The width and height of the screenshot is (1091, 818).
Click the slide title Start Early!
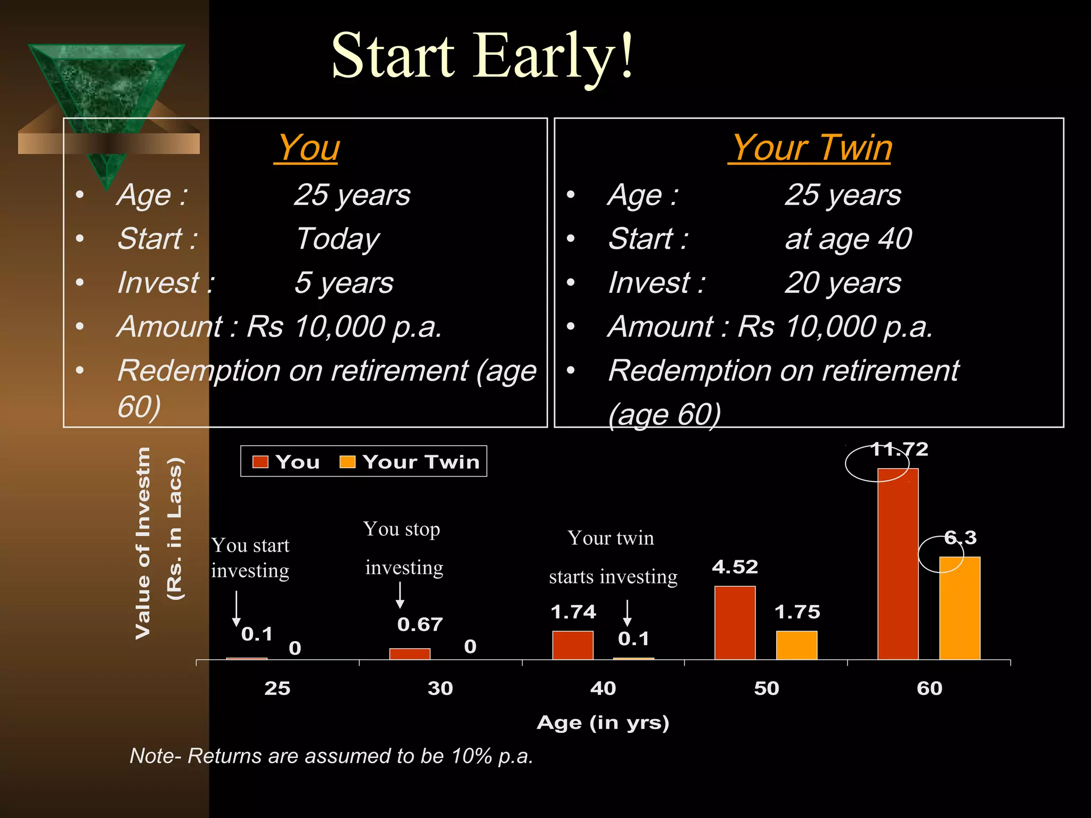(482, 56)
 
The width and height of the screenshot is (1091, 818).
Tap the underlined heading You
(307, 148)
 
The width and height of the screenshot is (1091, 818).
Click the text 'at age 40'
(848, 239)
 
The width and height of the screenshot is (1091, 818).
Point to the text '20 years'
(843, 283)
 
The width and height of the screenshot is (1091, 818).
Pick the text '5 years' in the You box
(344, 283)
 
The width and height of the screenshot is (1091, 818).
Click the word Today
(337, 239)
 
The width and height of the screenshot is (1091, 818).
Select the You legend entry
(287, 462)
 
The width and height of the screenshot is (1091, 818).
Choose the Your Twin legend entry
(410, 462)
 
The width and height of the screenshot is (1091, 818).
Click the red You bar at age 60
(898, 565)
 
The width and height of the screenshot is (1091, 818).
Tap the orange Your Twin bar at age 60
(959, 608)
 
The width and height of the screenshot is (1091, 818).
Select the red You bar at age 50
(735, 623)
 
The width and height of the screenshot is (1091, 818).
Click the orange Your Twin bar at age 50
(796, 645)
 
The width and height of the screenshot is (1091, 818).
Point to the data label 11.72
(899, 449)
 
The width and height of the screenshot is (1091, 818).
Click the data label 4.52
(735, 567)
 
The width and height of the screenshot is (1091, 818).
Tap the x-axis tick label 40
(603, 689)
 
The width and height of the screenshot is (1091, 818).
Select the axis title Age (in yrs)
(603, 723)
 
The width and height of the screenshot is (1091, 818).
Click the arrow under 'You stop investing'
(400, 595)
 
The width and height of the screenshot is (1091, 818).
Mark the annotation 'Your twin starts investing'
(613, 557)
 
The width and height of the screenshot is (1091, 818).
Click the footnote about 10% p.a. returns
(331, 756)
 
